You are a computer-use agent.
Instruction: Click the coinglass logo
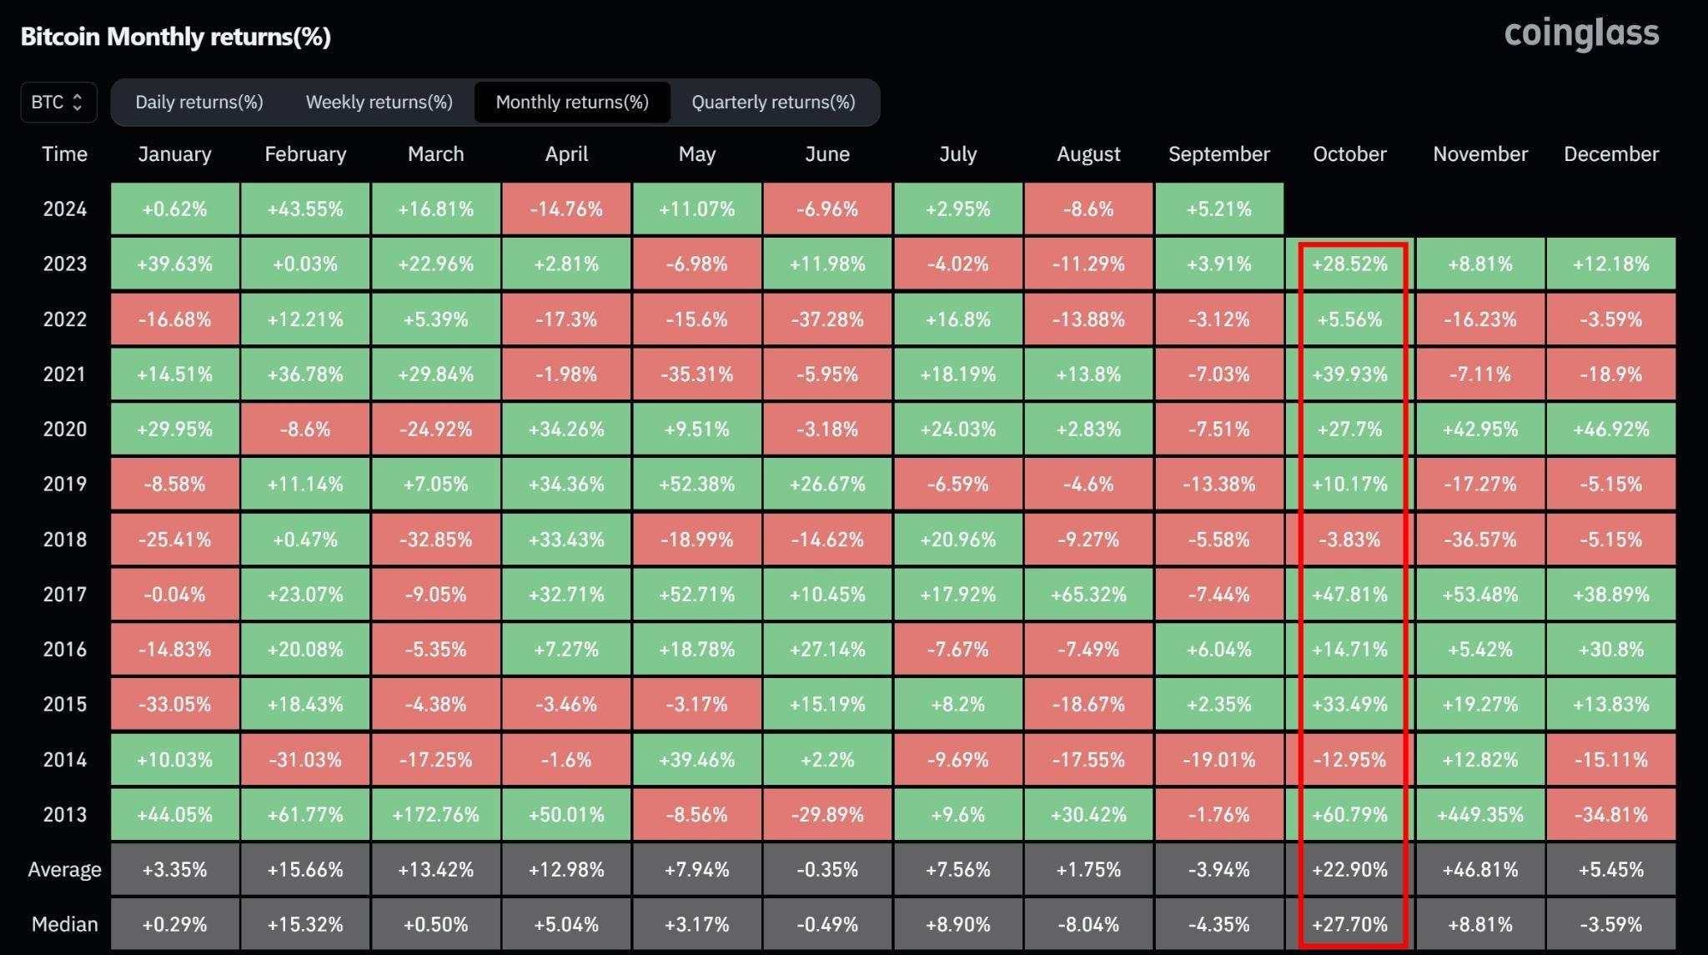(x=1581, y=34)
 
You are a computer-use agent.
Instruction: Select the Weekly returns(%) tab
(x=379, y=103)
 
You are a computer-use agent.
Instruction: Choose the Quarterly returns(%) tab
(x=773, y=103)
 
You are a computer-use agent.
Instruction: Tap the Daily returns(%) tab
(x=198, y=103)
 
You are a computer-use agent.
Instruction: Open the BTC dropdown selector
(x=58, y=103)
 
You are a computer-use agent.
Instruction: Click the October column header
(x=1349, y=154)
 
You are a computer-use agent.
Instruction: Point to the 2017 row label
(x=64, y=595)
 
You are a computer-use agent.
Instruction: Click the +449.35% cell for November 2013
(x=1479, y=815)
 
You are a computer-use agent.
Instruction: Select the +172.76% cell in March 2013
(x=435, y=815)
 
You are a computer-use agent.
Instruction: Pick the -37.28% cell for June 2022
(x=826, y=319)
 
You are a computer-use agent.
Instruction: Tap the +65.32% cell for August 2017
(x=1088, y=595)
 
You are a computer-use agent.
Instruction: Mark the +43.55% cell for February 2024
(x=304, y=209)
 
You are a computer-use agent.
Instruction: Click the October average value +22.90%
(x=1349, y=870)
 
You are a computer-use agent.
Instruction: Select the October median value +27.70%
(x=1349, y=925)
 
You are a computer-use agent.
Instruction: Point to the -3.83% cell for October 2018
(x=1349, y=540)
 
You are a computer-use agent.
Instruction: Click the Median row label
(x=64, y=925)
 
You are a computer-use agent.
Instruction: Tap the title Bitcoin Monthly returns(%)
(x=175, y=37)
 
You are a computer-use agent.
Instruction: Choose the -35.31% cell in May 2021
(x=696, y=374)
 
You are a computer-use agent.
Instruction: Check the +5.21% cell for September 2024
(x=1218, y=209)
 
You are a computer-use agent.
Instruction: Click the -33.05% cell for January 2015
(x=174, y=705)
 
